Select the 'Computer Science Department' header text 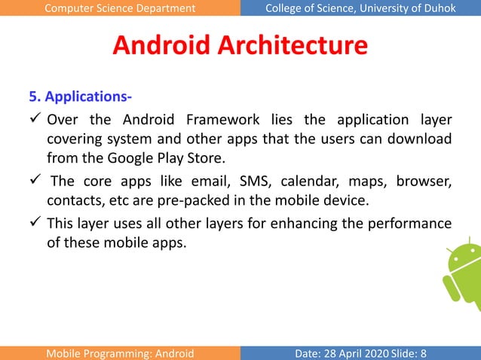120,8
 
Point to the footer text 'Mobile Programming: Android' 120,352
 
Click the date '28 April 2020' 354,352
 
